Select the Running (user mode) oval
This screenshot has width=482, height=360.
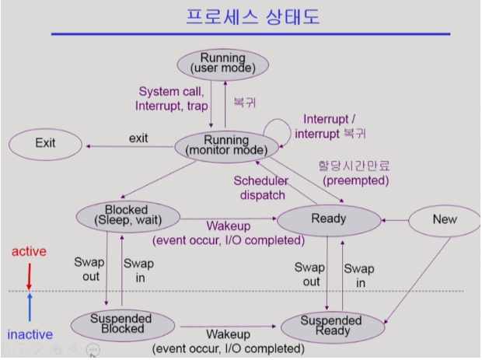click(223, 64)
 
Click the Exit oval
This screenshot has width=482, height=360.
click(46, 143)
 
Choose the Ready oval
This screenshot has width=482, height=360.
click(328, 218)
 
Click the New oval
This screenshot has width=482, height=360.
click(445, 219)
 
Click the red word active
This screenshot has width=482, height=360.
click(29, 252)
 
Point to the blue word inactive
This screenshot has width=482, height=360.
click(30, 335)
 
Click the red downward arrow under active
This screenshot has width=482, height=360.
click(29, 274)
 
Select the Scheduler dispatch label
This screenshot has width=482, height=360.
click(261, 188)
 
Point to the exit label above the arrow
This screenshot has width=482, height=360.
click(138, 138)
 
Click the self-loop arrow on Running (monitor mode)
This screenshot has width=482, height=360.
click(278, 127)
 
